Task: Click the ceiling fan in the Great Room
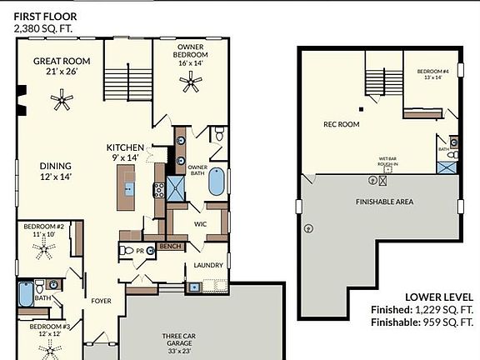pos(61,102)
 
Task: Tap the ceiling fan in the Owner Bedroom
pos(192,81)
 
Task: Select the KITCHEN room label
pos(125,147)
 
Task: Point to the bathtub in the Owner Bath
pos(217,181)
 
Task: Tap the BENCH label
pos(171,247)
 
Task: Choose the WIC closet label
pos(200,224)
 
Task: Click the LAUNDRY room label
pos(208,265)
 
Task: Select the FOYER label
pos(102,301)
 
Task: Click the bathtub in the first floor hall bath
pos(25,295)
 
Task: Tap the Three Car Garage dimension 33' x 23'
pos(177,346)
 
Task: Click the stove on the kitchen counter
pos(157,189)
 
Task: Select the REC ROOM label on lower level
pos(341,124)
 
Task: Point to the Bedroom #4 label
pos(433,71)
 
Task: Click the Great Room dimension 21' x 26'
pos(60,72)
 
